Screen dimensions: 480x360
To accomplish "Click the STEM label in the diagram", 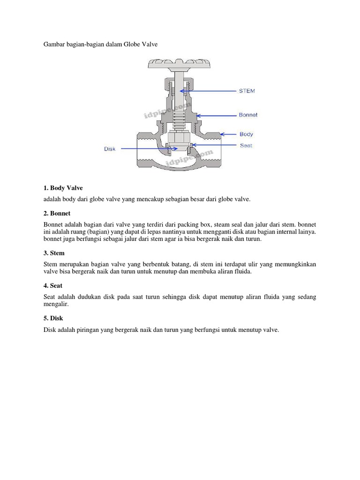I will (247, 91).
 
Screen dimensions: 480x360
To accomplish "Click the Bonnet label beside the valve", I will (248, 115).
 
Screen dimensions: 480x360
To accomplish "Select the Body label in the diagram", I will (246, 135).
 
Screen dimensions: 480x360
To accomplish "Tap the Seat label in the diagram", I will (246, 145).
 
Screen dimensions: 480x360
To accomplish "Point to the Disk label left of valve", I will (110, 149).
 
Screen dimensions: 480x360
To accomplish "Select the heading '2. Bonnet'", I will (57, 213).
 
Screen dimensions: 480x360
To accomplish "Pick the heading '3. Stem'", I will (54, 253).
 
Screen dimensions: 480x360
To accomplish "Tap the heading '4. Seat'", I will (53, 285).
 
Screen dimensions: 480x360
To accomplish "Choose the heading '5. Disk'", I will (53, 318).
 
